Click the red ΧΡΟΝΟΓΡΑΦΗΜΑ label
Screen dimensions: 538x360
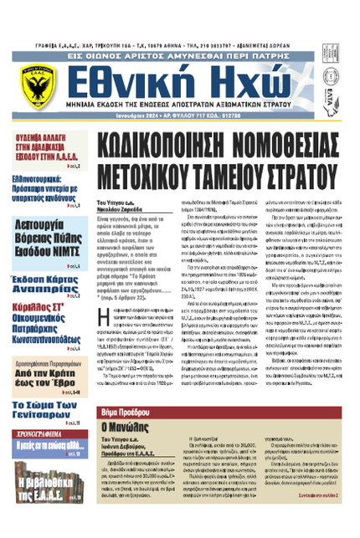coord(44,433)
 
